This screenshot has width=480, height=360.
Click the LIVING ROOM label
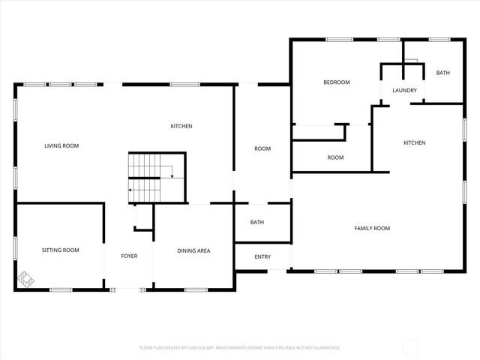(61, 145)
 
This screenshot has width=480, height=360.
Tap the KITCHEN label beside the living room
(181, 126)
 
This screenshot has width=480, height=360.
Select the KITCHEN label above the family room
(415, 142)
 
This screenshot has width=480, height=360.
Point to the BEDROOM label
(337, 82)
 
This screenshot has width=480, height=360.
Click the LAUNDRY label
(404, 91)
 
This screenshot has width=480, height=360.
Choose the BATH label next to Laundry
(443, 73)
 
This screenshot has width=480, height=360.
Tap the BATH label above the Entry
(257, 222)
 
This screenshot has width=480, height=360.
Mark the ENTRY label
(262, 257)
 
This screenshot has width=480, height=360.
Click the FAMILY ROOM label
(372, 228)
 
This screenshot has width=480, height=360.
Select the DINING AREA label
(193, 250)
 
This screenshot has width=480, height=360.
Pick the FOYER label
(129, 256)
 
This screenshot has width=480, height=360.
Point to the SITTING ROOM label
(60, 250)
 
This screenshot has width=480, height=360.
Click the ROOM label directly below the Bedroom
(335, 157)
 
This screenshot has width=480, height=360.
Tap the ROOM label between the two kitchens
(262, 148)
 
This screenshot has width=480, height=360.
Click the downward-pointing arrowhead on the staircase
(172, 176)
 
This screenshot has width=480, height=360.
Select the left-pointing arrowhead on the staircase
(130, 190)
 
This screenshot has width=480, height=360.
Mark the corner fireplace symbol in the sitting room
(26, 279)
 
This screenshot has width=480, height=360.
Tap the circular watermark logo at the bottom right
(411, 347)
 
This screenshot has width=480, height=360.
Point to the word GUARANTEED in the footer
(325, 348)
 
